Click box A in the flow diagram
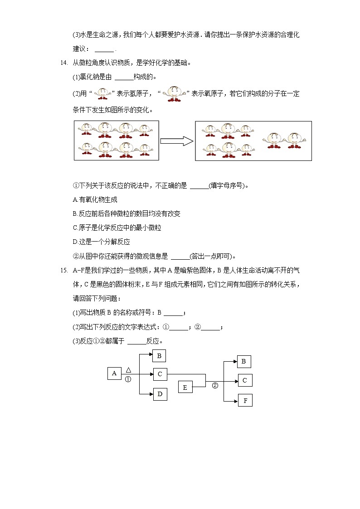[114, 373]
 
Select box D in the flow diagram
[160, 394]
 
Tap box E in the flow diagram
[185, 387]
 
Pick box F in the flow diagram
[245, 401]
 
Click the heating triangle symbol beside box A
[128, 369]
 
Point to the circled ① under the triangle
[128, 379]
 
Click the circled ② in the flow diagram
[215, 386]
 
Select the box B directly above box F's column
[244, 362]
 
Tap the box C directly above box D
[160, 374]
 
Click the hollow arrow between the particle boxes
[177, 141]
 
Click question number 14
[63, 63]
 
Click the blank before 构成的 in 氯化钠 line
[124, 77]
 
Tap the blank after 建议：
[104, 49]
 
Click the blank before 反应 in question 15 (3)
[137, 341]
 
